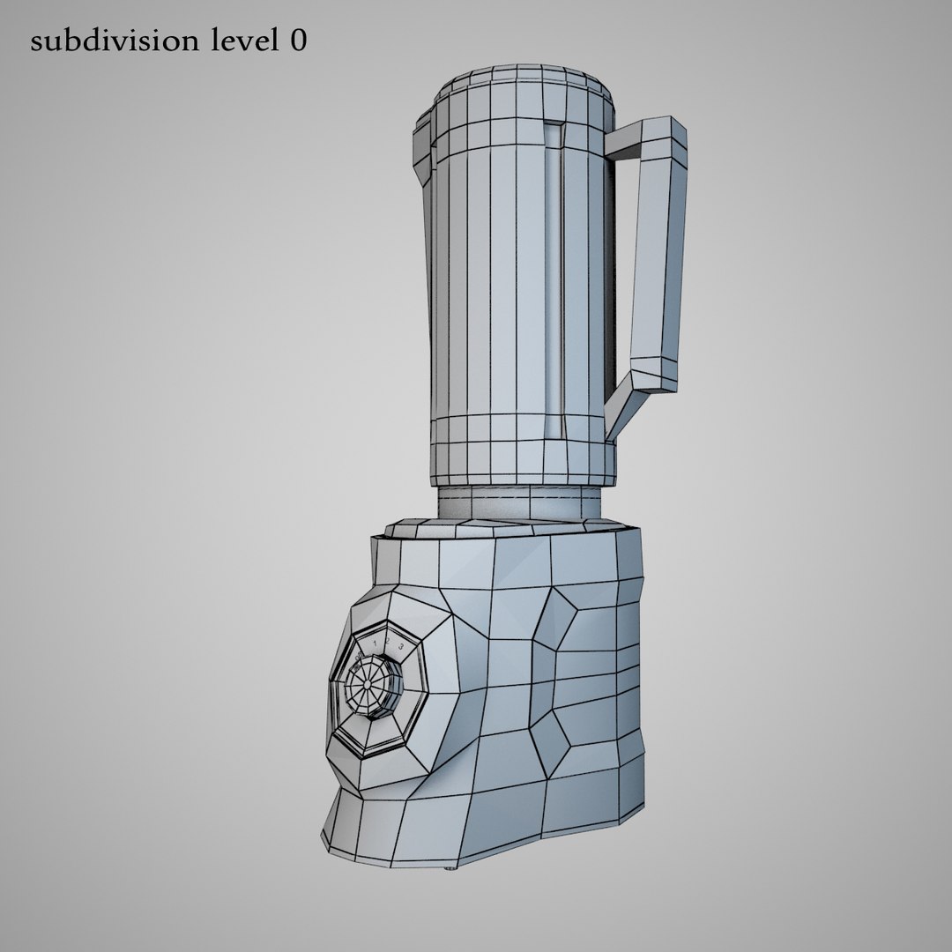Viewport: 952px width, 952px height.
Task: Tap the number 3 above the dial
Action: pyautogui.click(x=402, y=646)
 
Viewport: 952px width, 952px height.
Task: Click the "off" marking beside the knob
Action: pyautogui.click(x=359, y=657)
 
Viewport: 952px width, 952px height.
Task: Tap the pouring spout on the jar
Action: pyautogui.click(x=420, y=141)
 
